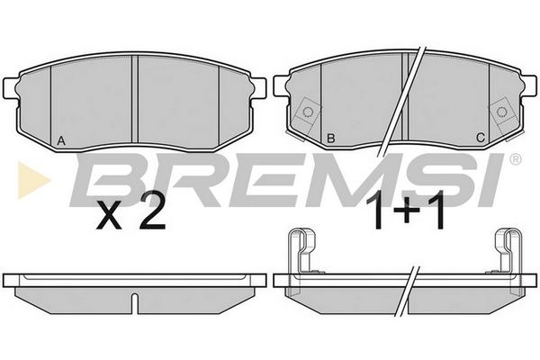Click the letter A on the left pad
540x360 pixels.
pyautogui.click(x=61, y=140)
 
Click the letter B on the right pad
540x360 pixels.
pyautogui.click(x=330, y=139)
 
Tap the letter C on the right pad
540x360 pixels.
pyautogui.click(x=481, y=138)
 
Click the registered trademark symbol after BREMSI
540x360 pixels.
pyautogui.click(x=515, y=159)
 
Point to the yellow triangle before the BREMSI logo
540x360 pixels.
pyautogui.click(x=32, y=180)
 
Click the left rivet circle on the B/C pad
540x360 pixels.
pyautogui.click(x=307, y=112)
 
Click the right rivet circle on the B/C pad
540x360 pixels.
pyautogui.click(x=502, y=112)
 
